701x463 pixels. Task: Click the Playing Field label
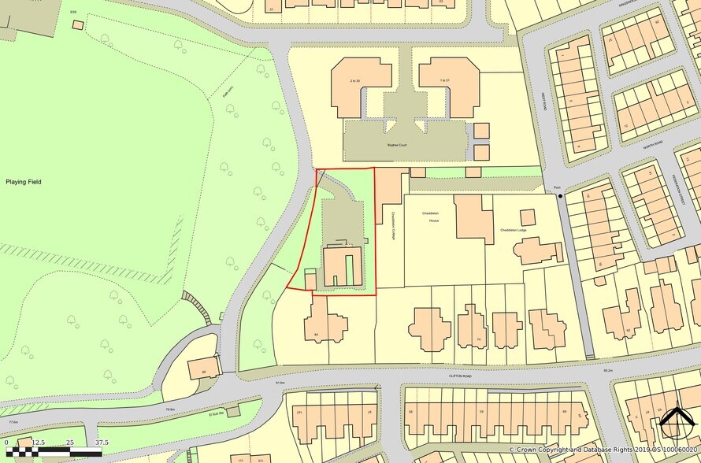pos(23,182)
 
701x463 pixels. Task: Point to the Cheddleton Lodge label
pos(513,230)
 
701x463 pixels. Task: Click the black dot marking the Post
pos(561,195)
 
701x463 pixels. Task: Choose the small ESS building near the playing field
pos(77,24)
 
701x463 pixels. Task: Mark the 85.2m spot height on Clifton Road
pos(607,370)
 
